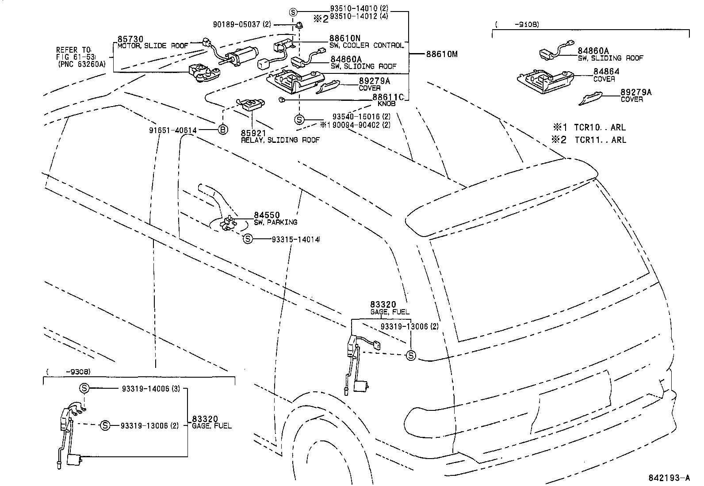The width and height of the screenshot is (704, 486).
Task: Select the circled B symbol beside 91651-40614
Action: tap(223, 130)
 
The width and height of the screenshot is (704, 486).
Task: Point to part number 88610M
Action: tap(441, 54)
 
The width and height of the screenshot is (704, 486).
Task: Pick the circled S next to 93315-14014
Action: tap(248, 239)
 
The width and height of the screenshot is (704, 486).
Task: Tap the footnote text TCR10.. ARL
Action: tap(600, 127)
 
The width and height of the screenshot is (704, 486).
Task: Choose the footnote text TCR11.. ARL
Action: tap(600, 140)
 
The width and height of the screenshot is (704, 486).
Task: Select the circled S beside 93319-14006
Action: tap(84, 388)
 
